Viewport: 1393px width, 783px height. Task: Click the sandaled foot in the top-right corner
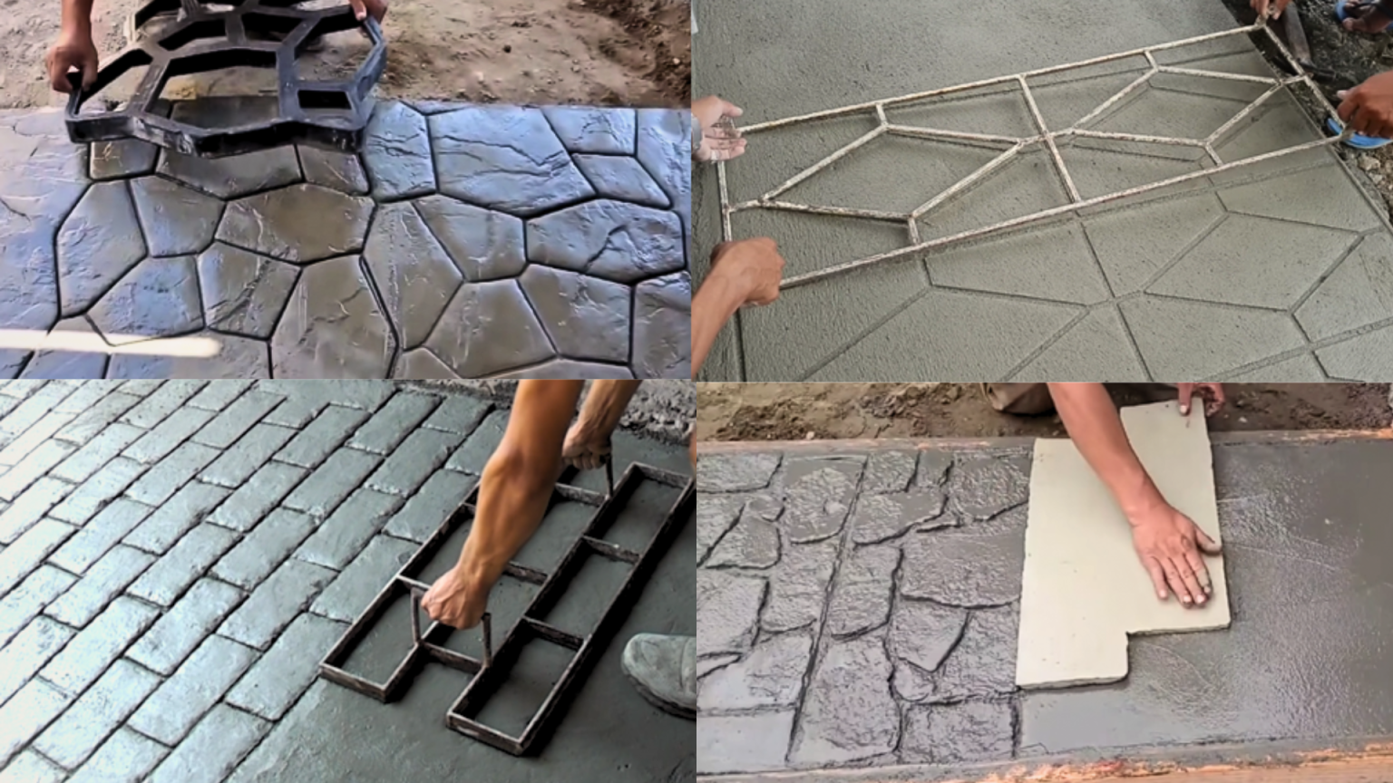click(x=1364, y=16)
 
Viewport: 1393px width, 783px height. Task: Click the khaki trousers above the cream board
click(x=1016, y=397)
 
